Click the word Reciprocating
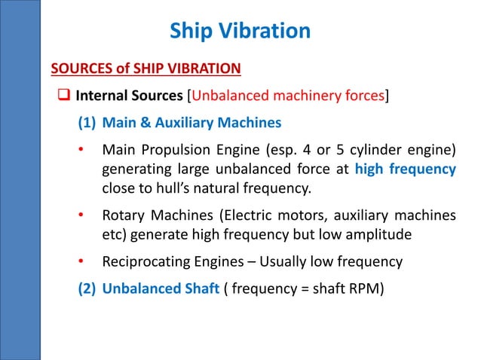tap(145, 262)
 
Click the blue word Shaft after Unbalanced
tap(200, 288)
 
